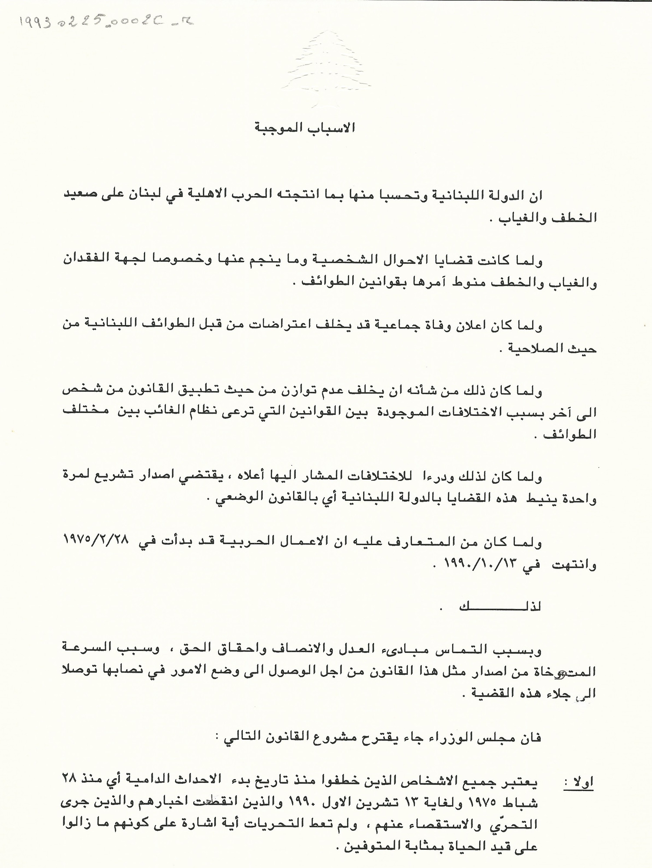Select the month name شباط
(524, 803)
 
